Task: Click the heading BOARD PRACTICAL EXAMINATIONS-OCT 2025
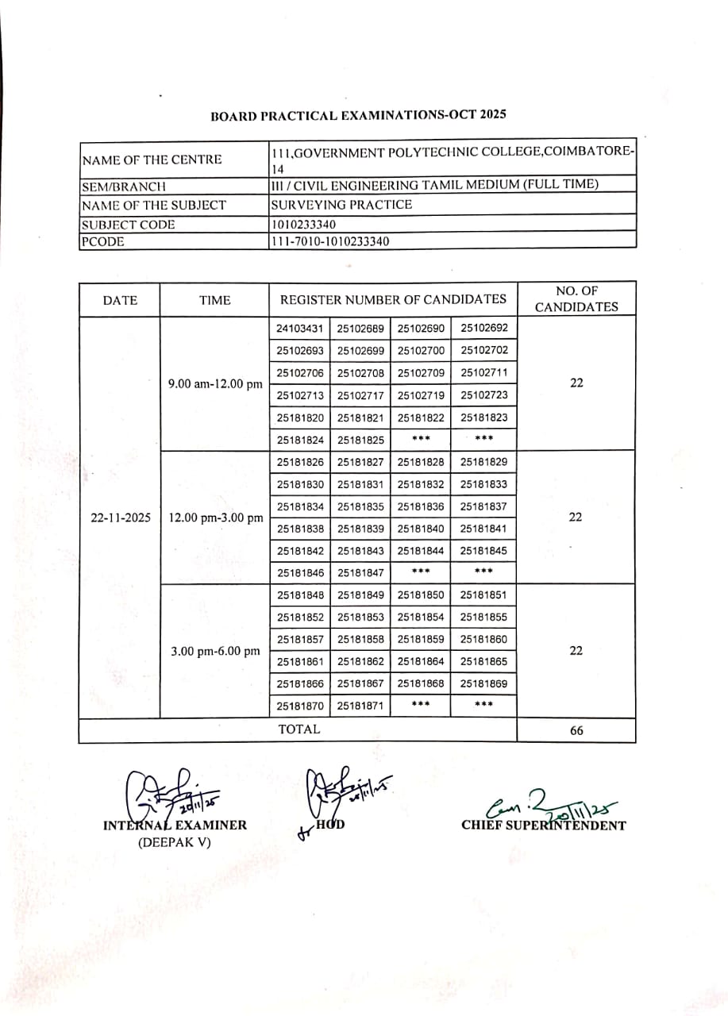358,115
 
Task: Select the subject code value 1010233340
302,225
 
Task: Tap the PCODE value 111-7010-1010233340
330,241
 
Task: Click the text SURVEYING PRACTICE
341,205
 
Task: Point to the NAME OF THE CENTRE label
152,160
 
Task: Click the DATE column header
120,300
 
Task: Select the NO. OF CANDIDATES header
576,298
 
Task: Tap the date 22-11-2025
121,518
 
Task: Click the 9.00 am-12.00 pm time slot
215,384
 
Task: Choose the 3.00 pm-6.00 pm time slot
215,651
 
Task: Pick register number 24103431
300,329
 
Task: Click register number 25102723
484,395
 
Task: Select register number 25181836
421,506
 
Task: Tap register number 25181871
360,706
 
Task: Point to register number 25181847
360,572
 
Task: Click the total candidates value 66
576,730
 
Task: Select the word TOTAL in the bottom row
299,729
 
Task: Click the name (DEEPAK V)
175,842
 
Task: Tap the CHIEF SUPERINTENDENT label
544,825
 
